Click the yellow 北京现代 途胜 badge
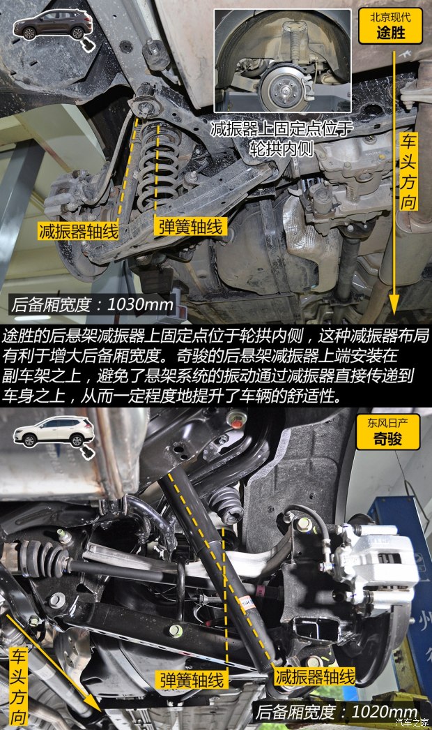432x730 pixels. coord(390,26)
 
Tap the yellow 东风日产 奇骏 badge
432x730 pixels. coord(388,431)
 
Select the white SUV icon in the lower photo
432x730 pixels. coord(54,432)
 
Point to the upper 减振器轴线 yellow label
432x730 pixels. coord(79,230)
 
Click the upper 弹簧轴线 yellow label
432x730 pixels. coord(190,227)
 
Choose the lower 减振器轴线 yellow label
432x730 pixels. coord(315,676)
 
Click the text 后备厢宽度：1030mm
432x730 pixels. coord(93,305)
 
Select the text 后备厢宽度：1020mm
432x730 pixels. coord(337,712)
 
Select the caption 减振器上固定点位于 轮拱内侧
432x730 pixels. coord(281,138)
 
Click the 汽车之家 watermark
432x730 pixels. coord(412,722)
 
